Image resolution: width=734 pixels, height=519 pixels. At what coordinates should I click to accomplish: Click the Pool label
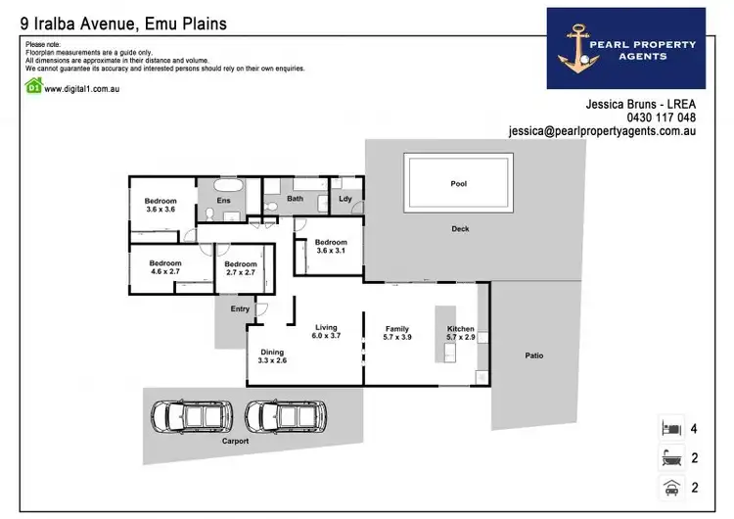pos(459,183)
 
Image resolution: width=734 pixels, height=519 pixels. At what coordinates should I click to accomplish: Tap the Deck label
pos(460,229)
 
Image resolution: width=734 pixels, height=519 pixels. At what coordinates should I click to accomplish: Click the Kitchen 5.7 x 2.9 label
pos(460,333)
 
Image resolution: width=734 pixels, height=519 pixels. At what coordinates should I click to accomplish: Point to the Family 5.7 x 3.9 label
pos(397,333)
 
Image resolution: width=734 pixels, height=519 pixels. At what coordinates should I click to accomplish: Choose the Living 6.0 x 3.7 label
pos(326,332)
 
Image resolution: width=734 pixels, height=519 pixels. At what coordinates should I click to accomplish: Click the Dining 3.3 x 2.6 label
pos(272,356)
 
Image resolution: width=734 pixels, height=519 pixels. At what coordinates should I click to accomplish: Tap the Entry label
pos(240,309)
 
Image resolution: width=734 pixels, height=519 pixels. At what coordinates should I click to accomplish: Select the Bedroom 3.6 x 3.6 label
pos(161,205)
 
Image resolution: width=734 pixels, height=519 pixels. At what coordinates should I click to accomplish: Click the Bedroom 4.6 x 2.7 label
pos(165,267)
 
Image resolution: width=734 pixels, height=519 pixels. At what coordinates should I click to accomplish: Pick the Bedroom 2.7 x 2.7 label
pos(241,267)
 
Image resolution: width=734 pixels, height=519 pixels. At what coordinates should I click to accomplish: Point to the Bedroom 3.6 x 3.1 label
pos(331,246)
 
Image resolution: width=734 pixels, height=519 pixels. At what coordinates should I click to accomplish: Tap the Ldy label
pos(344,200)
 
